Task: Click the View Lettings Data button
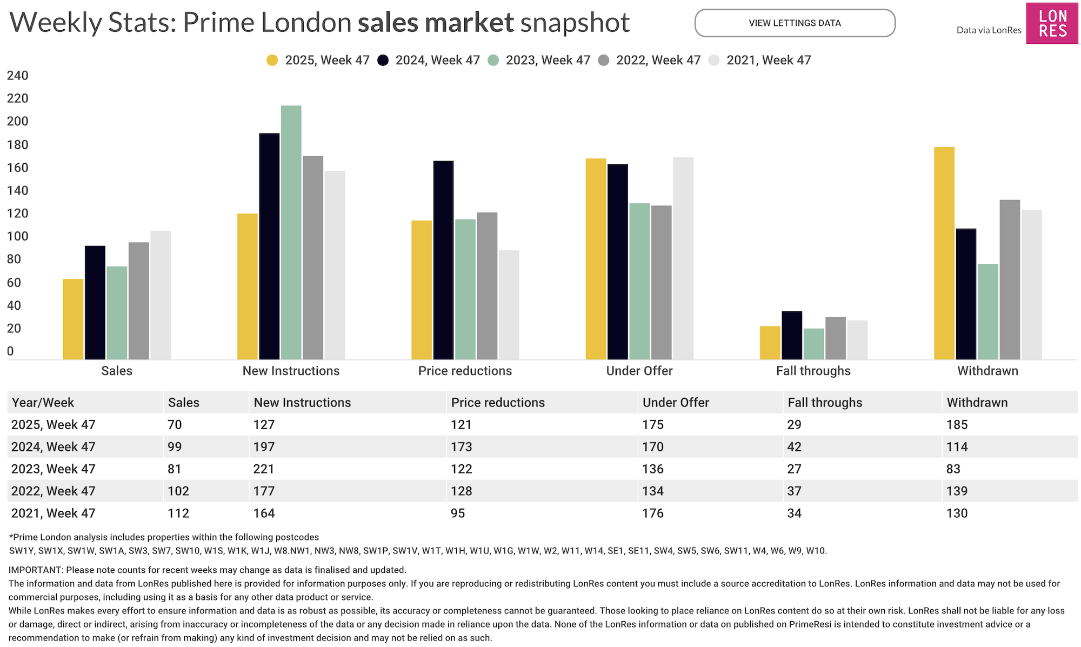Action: coord(795,23)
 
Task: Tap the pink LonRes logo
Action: coord(1052,24)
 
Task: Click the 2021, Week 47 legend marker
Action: coord(714,60)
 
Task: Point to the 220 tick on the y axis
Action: coord(17,98)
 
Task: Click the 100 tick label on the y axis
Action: coord(17,236)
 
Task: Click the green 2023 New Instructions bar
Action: coord(291,232)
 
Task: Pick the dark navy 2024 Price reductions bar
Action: coord(443,260)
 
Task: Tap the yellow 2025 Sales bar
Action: coord(73,319)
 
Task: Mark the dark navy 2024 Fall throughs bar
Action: coord(792,335)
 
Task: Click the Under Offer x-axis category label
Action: coord(639,371)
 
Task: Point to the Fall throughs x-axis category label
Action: coord(813,371)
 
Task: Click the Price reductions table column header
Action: coord(497,403)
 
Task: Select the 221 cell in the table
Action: coord(263,469)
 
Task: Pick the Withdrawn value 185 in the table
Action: coord(957,425)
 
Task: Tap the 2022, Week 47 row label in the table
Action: coord(53,491)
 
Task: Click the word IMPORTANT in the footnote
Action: coord(35,570)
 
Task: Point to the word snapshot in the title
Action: coord(575,23)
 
